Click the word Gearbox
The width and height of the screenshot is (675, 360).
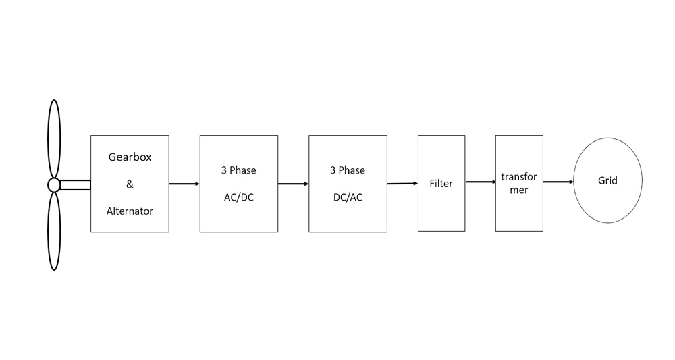click(x=130, y=157)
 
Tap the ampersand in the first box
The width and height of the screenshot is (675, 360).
click(x=130, y=184)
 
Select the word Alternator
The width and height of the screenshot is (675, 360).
click(x=130, y=211)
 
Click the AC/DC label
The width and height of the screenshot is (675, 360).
click(x=238, y=197)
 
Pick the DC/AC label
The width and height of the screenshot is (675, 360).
click(x=348, y=197)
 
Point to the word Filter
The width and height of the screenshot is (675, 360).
click(x=441, y=184)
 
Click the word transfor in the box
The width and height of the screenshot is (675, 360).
click(x=519, y=177)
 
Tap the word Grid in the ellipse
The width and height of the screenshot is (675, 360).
click(x=607, y=180)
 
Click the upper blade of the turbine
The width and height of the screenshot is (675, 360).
click(x=54, y=138)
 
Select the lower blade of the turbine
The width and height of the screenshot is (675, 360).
click(x=54, y=232)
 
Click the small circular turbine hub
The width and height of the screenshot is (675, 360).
click(x=54, y=185)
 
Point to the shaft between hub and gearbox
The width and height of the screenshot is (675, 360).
click(x=76, y=185)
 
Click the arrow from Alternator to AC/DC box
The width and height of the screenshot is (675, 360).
click(x=184, y=184)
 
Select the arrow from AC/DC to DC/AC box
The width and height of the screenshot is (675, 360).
click(x=293, y=184)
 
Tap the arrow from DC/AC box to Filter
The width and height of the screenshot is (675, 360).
click(x=402, y=183)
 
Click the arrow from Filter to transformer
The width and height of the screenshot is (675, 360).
click(x=480, y=182)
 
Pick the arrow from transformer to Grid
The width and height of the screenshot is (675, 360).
click(x=558, y=182)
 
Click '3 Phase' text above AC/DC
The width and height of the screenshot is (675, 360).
click(x=238, y=170)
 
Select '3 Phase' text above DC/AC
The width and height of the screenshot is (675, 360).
click(x=348, y=170)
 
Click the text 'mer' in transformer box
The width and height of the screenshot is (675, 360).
click(x=518, y=190)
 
